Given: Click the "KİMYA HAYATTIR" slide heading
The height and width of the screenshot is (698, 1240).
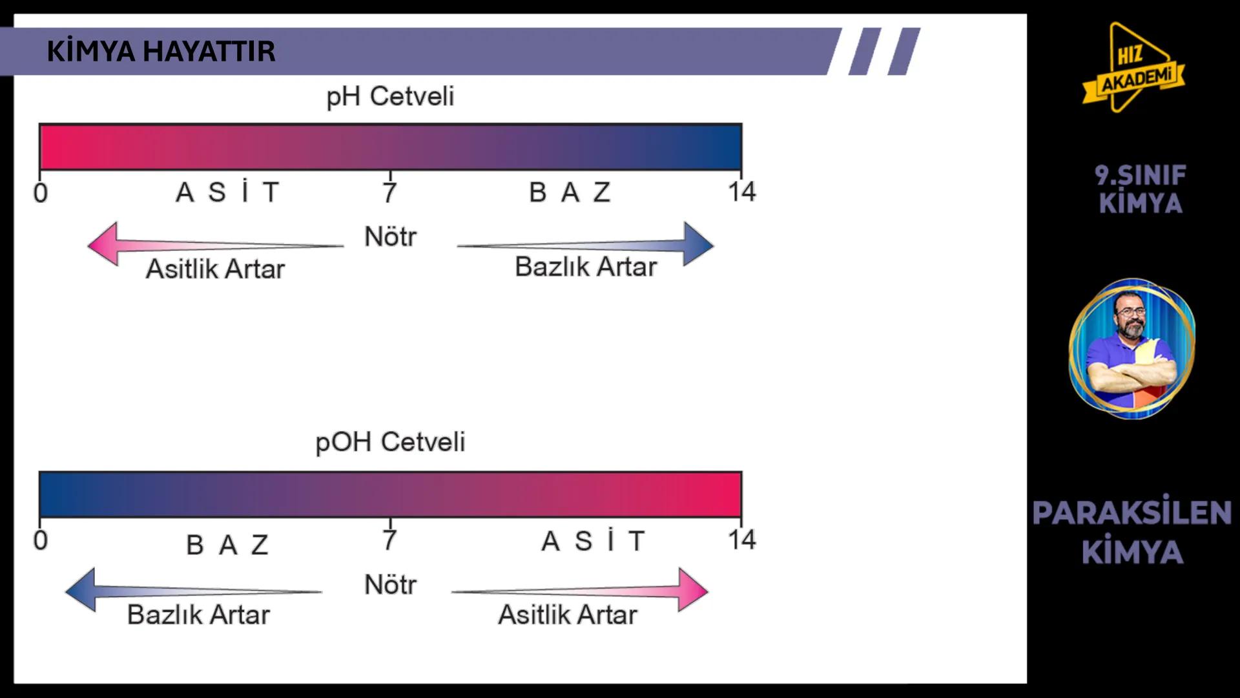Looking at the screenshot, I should point(161,51).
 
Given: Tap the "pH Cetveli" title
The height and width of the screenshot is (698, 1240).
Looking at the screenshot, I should point(390,97).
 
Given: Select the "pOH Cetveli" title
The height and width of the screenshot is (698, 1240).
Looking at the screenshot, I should point(390,442).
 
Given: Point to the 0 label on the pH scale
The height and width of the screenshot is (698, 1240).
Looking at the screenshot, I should point(40,193).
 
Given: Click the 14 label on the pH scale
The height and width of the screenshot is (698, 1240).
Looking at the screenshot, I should point(741,192).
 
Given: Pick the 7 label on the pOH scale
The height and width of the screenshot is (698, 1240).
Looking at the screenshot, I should point(389,540).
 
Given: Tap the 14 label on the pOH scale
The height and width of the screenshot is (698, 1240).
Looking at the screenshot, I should point(741,540).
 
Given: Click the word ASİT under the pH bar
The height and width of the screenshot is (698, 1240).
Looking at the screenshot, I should point(227,193).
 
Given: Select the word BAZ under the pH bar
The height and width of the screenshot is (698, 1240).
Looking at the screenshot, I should point(569,193).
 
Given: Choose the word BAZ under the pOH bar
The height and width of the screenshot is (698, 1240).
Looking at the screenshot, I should point(227,545).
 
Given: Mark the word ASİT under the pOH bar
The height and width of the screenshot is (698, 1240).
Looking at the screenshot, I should point(593,541).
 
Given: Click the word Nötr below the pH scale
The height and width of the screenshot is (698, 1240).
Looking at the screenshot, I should point(390,237).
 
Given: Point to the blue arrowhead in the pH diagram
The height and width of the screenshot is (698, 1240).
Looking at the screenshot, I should point(697,244).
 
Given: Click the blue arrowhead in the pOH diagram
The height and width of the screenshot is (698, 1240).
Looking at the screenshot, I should point(81,589).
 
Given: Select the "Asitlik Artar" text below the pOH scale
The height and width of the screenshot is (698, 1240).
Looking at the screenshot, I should point(567,615).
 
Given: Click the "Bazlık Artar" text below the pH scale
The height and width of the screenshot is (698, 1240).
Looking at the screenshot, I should point(585,267).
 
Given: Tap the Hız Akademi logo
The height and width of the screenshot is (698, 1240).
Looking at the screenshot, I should point(1134,68).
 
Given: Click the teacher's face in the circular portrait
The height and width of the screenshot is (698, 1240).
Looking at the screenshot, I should point(1130,317).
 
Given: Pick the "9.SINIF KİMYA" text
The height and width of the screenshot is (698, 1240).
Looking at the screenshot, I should point(1140,189).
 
